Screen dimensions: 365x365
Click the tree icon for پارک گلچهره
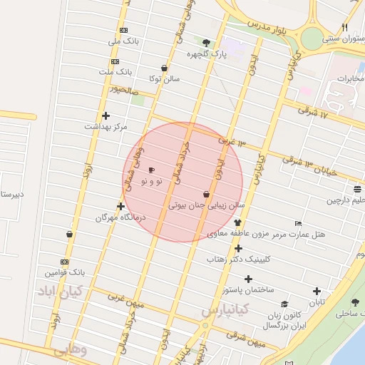[207, 42]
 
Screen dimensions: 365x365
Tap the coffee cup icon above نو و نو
[150, 170]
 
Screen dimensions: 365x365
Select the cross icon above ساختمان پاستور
[248, 279]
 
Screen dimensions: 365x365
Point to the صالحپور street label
[123, 91]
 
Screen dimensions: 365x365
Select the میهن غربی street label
[125, 301]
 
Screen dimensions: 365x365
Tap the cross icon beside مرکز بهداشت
[106, 115]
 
